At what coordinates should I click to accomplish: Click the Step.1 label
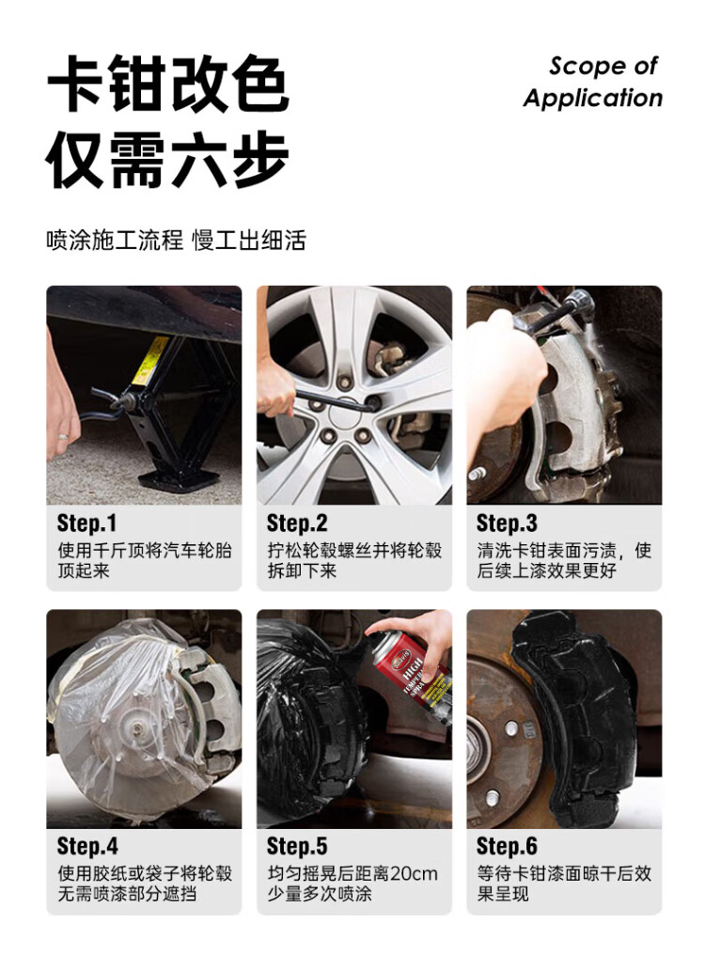(x=86, y=524)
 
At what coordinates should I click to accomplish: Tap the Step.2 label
(x=297, y=524)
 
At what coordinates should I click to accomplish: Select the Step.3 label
(x=507, y=524)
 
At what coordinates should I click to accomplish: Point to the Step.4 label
(x=87, y=847)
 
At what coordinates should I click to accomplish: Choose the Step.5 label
(x=297, y=847)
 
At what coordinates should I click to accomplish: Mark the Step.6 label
(x=507, y=847)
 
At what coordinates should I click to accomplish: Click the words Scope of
(x=603, y=66)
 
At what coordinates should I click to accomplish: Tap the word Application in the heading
(x=592, y=99)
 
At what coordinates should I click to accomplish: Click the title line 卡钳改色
(x=168, y=84)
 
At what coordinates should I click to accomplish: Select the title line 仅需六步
(x=168, y=159)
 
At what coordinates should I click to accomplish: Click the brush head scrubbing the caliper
(x=580, y=305)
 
